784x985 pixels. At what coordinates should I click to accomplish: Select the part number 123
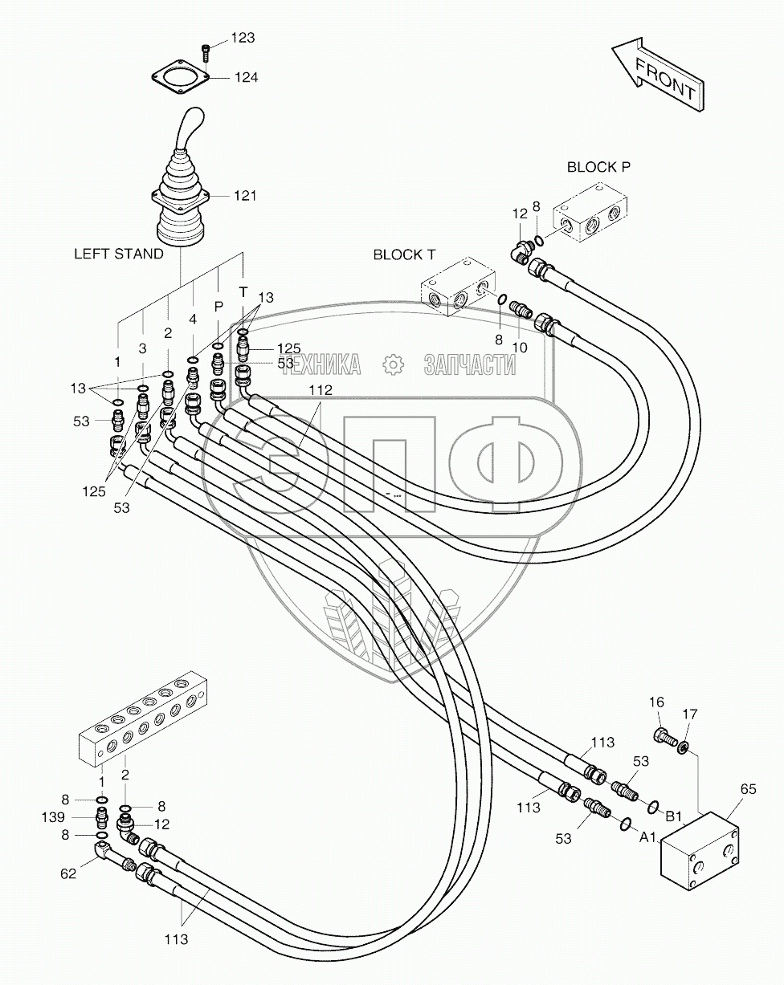point(243,37)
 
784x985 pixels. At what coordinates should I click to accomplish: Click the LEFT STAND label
point(119,253)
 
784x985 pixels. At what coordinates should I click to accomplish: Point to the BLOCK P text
point(598,167)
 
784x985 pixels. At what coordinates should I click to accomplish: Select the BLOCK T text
point(404,254)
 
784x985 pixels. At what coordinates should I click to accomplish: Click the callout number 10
point(520,347)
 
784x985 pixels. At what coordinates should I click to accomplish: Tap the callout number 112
point(318,390)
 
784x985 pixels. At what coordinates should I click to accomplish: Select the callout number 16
point(656,702)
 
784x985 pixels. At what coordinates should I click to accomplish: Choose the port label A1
point(648,837)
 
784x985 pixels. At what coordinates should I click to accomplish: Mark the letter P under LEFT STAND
point(217,307)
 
